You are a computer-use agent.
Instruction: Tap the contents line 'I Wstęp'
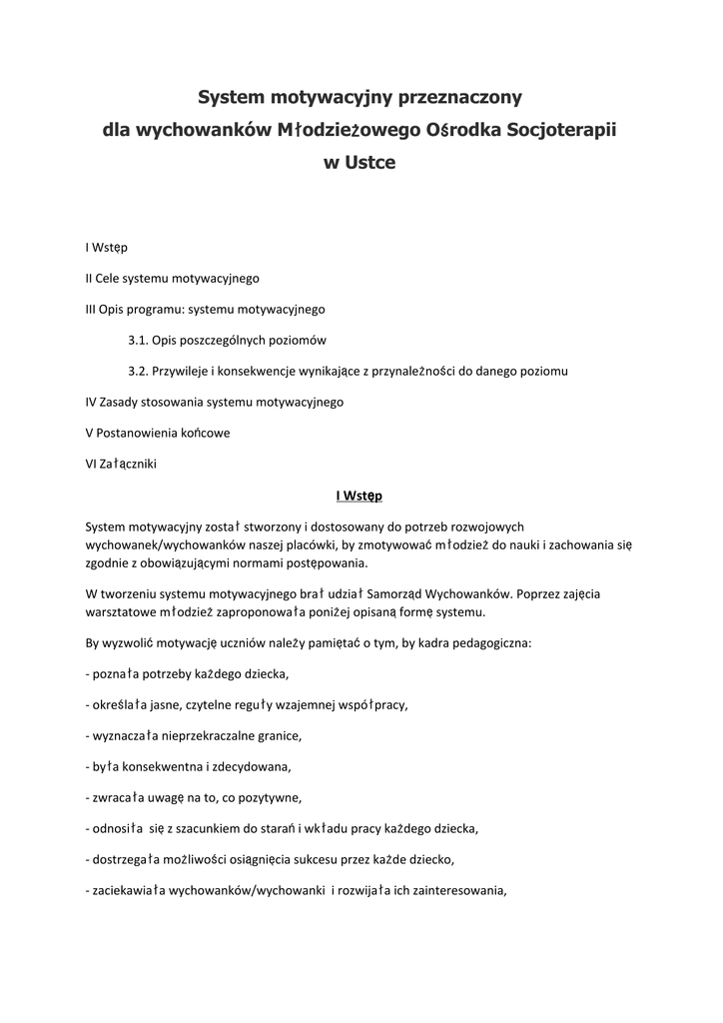click(106, 247)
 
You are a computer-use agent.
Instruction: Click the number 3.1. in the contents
click(138, 340)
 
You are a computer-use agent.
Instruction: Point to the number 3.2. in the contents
click(138, 371)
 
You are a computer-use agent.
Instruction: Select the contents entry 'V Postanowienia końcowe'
click(158, 433)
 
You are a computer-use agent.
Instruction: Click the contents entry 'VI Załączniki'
click(121, 464)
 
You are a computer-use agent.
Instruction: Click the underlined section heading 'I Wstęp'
click(360, 495)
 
